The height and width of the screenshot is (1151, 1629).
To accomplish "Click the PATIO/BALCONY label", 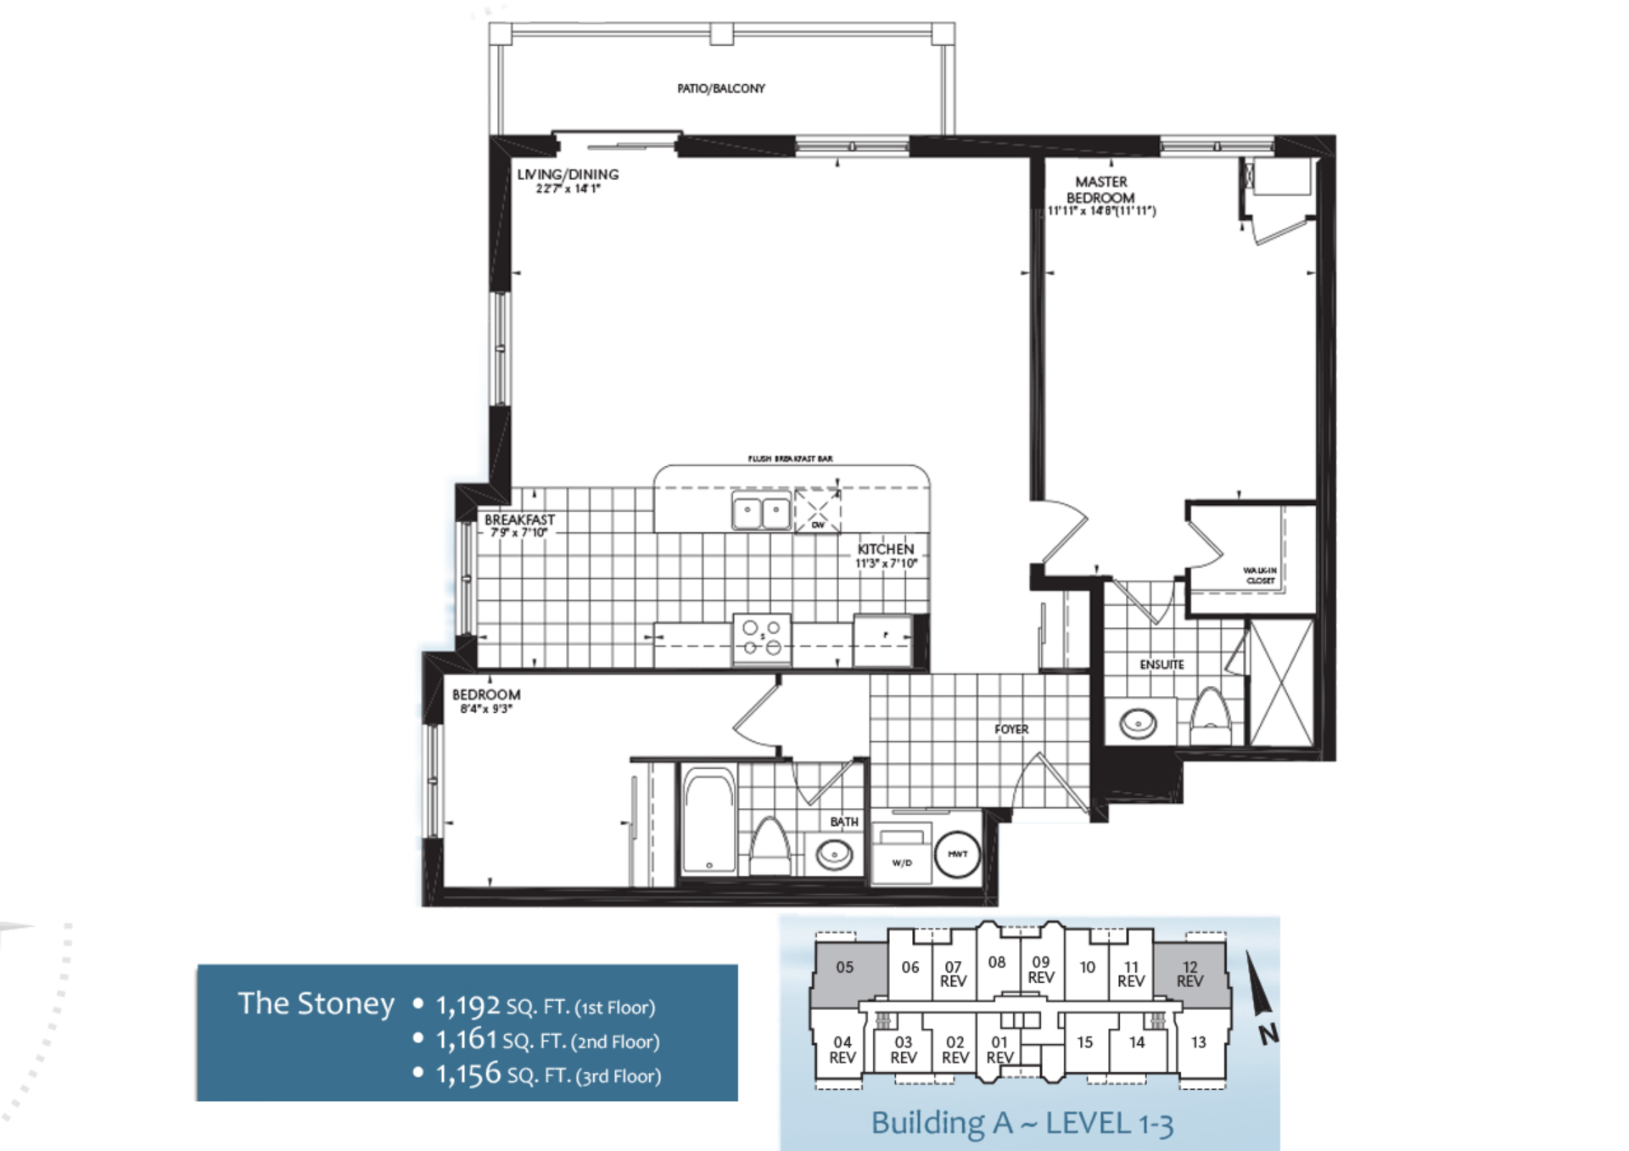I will click(720, 88).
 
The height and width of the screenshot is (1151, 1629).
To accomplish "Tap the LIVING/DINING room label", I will click(568, 175).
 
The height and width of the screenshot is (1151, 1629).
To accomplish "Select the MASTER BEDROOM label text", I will click(1100, 190).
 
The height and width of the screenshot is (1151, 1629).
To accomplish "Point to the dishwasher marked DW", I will click(817, 511).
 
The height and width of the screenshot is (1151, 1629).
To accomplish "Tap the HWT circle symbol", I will click(957, 854).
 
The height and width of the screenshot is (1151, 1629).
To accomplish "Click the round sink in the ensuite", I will click(1138, 724).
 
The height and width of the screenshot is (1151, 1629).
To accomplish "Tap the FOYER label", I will click(1011, 729).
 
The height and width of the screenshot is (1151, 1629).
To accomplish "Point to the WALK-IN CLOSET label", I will click(1260, 575).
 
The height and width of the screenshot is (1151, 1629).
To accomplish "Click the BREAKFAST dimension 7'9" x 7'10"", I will click(519, 533).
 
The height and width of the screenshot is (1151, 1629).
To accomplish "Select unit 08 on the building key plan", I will click(997, 963).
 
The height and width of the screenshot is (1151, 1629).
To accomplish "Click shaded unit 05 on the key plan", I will click(844, 968).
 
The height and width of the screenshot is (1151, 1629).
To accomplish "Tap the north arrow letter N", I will click(1268, 1034).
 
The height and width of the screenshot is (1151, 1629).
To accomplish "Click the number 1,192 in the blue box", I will click(467, 1006).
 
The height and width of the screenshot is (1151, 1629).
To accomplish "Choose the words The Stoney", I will click(316, 1003).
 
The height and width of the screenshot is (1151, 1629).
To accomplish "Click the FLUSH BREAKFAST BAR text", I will click(790, 458).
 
